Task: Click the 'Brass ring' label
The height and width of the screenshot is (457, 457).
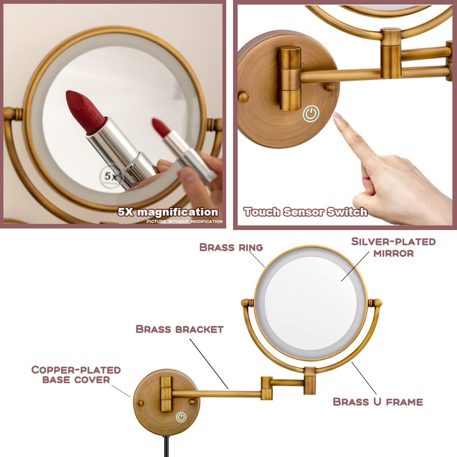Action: coord(231,247)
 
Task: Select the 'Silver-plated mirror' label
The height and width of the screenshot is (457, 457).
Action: coord(393,247)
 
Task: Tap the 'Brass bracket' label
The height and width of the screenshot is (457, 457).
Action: coord(179,329)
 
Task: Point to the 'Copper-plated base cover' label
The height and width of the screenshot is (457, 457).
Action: coord(76,375)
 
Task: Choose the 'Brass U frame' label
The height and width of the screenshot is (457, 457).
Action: coord(378,402)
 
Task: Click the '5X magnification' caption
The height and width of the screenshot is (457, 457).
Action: coord(168,212)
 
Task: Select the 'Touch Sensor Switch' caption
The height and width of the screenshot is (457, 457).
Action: coord(305,212)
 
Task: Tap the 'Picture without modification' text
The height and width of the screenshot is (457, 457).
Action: coord(184,221)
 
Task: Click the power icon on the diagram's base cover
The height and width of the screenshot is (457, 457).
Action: coord(181,417)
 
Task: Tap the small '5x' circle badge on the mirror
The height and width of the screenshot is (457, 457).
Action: coord(110,176)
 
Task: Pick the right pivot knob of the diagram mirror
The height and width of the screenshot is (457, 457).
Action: coord(377,303)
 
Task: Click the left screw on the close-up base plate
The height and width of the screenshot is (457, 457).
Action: coord(243,96)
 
